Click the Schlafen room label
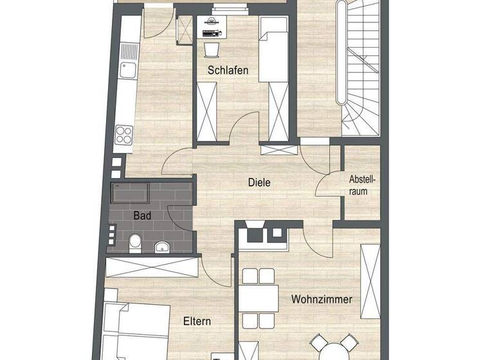point(228,70)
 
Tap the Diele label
point(259,183)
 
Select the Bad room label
point(142,216)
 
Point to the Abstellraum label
point(361,184)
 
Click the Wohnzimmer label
point(322,299)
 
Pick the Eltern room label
point(197,321)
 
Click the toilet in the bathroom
point(135,242)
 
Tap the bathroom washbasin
point(162,245)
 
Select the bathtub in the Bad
point(130,192)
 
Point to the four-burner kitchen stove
point(123,135)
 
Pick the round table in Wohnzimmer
point(332,350)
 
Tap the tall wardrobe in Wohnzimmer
point(371,283)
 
